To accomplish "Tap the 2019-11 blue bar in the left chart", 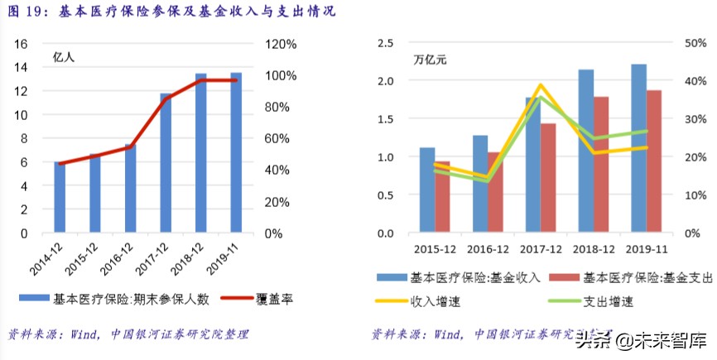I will coord(236,152).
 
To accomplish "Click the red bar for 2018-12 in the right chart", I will coord(602,165).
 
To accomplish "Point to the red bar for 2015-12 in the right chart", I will coord(443,197).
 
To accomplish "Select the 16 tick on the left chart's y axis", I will coord(22,43).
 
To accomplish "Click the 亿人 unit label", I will coord(64,57).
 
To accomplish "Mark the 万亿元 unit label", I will coord(431,60).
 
